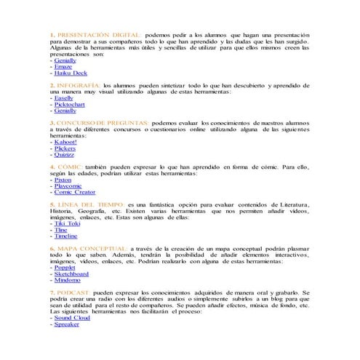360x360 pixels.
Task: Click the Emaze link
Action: (x=64, y=67)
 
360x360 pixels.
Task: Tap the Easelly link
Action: (x=65, y=98)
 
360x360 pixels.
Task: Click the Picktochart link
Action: (x=70, y=105)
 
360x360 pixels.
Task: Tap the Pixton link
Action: (x=63, y=180)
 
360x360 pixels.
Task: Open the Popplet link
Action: (x=65, y=268)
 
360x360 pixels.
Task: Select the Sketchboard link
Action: (x=71, y=274)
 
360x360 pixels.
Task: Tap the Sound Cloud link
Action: (x=71, y=318)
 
